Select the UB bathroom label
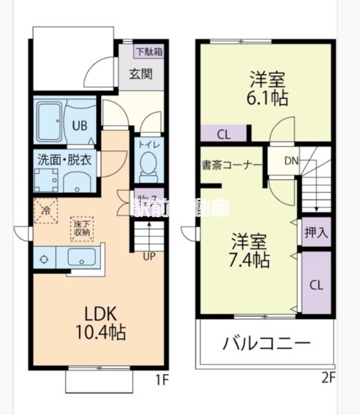point(80,127)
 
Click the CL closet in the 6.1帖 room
point(224,134)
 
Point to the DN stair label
point(291,162)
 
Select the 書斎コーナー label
point(231,166)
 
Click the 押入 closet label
point(316,232)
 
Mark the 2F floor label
point(328,377)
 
